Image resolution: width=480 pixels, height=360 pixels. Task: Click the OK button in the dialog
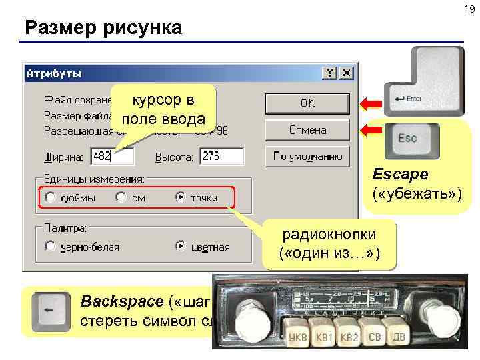(307, 103)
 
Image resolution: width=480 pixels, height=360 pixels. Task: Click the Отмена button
(307, 129)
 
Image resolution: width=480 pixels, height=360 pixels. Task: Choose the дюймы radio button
(50, 197)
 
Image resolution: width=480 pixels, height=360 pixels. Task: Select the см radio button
(120, 197)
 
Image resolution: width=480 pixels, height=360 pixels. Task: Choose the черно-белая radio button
(50, 246)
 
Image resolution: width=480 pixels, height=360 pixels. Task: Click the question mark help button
(330, 72)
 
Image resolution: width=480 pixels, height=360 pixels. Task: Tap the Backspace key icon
(53, 312)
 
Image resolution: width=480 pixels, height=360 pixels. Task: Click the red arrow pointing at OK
(371, 103)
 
